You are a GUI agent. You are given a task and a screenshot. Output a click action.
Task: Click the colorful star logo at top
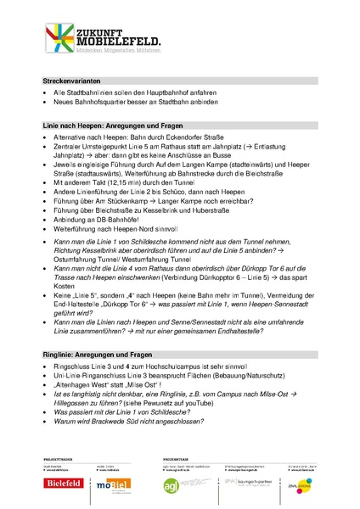coord(62,40)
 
